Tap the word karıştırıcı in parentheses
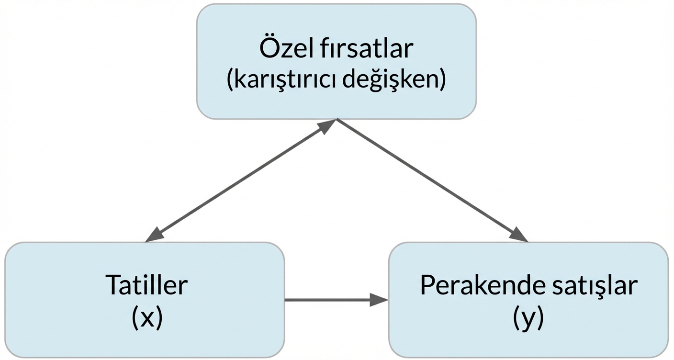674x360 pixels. click(x=287, y=80)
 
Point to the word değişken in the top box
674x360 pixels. click(x=399, y=80)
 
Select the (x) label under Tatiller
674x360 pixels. click(x=146, y=317)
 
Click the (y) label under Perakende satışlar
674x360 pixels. click(x=528, y=317)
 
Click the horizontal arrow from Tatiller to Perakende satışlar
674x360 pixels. click(x=330, y=300)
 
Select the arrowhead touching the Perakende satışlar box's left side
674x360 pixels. click(x=379, y=300)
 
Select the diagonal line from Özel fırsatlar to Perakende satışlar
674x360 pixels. click(x=431, y=180)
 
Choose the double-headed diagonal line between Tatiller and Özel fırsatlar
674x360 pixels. click(x=239, y=181)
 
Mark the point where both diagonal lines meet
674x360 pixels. click(x=337, y=119)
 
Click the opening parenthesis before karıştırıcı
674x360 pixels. click(x=230, y=80)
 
